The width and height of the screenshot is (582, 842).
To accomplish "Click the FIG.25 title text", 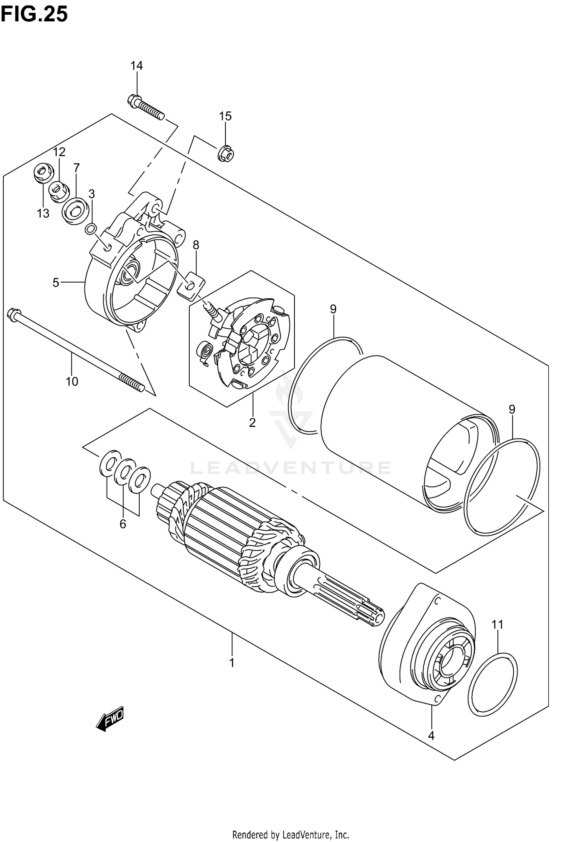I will pyautogui.click(x=34, y=14).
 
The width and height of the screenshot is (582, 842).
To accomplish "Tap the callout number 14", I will pyautogui.click(x=136, y=66).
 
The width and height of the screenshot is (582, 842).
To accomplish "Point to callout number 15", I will pyautogui.click(x=225, y=116).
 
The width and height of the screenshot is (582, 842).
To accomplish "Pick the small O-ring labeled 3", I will pyautogui.click(x=90, y=229).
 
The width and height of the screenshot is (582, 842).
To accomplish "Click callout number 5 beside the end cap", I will pyautogui.click(x=56, y=283).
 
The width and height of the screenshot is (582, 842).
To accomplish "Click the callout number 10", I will pyautogui.click(x=72, y=381).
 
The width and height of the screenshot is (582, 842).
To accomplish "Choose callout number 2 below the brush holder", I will pyautogui.click(x=252, y=423).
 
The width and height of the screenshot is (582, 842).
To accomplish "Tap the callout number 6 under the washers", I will pyautogui.click(x=123, y=524).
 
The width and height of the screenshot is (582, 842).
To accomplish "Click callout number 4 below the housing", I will pyautogui.click(x=431, y=735).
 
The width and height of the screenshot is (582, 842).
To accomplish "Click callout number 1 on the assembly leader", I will pyautogui.click(x=232, y=663).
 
